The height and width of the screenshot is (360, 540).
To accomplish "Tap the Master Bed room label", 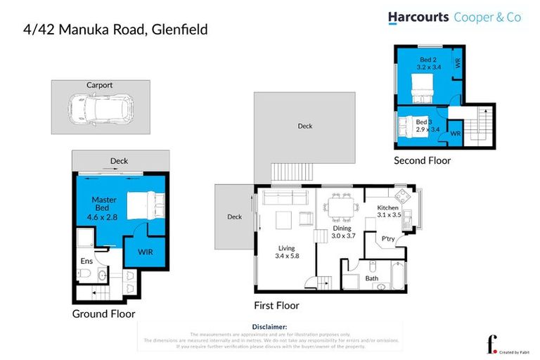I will pyautogui.click(x=104, y=209).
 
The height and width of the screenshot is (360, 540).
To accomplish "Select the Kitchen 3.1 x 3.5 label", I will pyautogui.click(x=388, y=212).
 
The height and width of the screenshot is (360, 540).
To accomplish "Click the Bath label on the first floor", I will pyautogui.click(x=371, y=278).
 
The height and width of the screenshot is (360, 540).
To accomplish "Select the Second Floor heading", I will pyautogui.click(x=422, y=160).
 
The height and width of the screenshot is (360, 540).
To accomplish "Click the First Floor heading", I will pyautogui.click(x=276, y=306).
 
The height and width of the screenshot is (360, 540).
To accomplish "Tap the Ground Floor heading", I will pyautogui.click(x=103, y=314).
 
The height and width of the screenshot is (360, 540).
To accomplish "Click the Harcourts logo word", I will pyautogui.click(x=420, y=18).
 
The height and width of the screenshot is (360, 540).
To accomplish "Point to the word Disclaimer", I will pyautogui.click(x=269, y=327).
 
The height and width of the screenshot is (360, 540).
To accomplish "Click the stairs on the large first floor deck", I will pyautogui.click(x=290, y=172).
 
